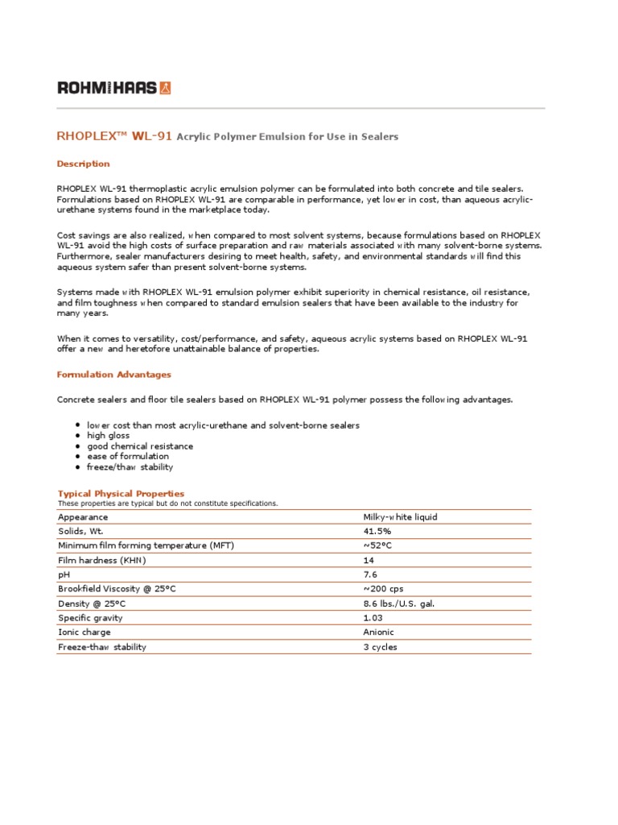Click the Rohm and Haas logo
coord(113,88)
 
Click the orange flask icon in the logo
coord(166,88)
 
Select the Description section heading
coord(83,164)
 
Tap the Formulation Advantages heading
coord(113,375)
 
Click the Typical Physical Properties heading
coord(121,493)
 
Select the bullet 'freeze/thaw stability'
coord(130,466)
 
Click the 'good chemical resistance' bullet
coord(140,446)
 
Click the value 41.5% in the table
coord(377,531)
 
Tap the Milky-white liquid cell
coord(401,516)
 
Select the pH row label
coord(64,574)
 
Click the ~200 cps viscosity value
coord(383,589)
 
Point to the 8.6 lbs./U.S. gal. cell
coord(399,603)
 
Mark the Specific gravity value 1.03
coord(373,618)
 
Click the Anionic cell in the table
coord(379,632)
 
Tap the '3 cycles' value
coord(380,647)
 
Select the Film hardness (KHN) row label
coord(101,560)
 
